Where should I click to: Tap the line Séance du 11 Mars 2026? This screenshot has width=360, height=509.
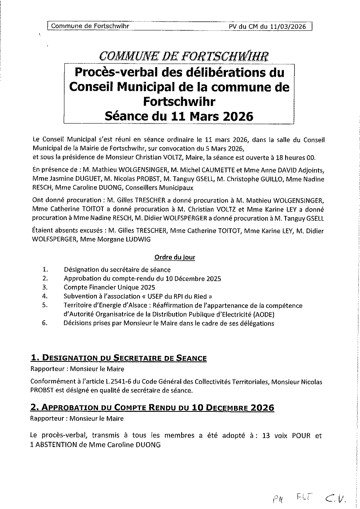click(x=178, y=116)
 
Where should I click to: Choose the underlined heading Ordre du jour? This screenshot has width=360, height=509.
click(x=175, y=257)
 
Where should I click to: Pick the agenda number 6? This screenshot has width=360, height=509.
click(x=45, y=323)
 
